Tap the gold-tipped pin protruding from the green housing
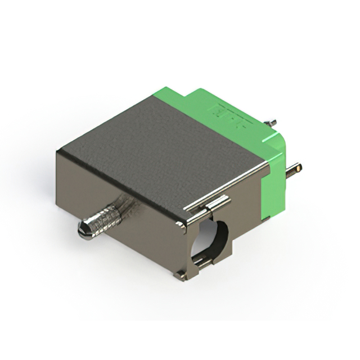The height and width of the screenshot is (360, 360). coord(295,169)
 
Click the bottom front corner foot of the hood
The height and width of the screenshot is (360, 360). coord(180,276)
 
